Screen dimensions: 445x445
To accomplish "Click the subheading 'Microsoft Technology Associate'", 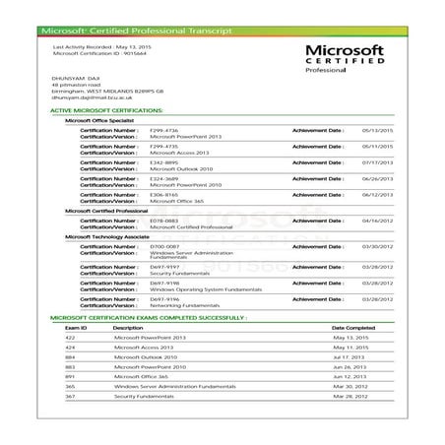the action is [x=106, y=237].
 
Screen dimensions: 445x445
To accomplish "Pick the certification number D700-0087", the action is [x=163, y=246].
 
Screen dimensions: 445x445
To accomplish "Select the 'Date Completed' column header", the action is [x=353, y=328].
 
